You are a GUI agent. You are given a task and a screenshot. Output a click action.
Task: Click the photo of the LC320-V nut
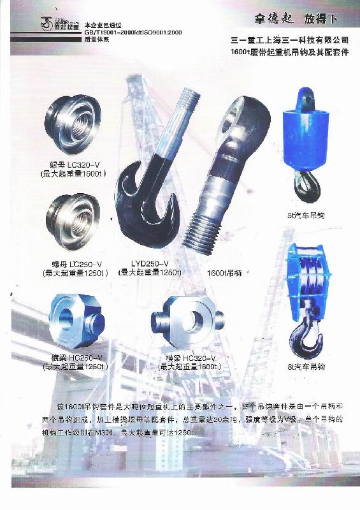click(74, 121)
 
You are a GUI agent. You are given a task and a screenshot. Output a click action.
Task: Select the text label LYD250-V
click(150, 264)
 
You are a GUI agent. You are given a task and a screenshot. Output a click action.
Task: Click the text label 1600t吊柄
click(224, 273)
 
